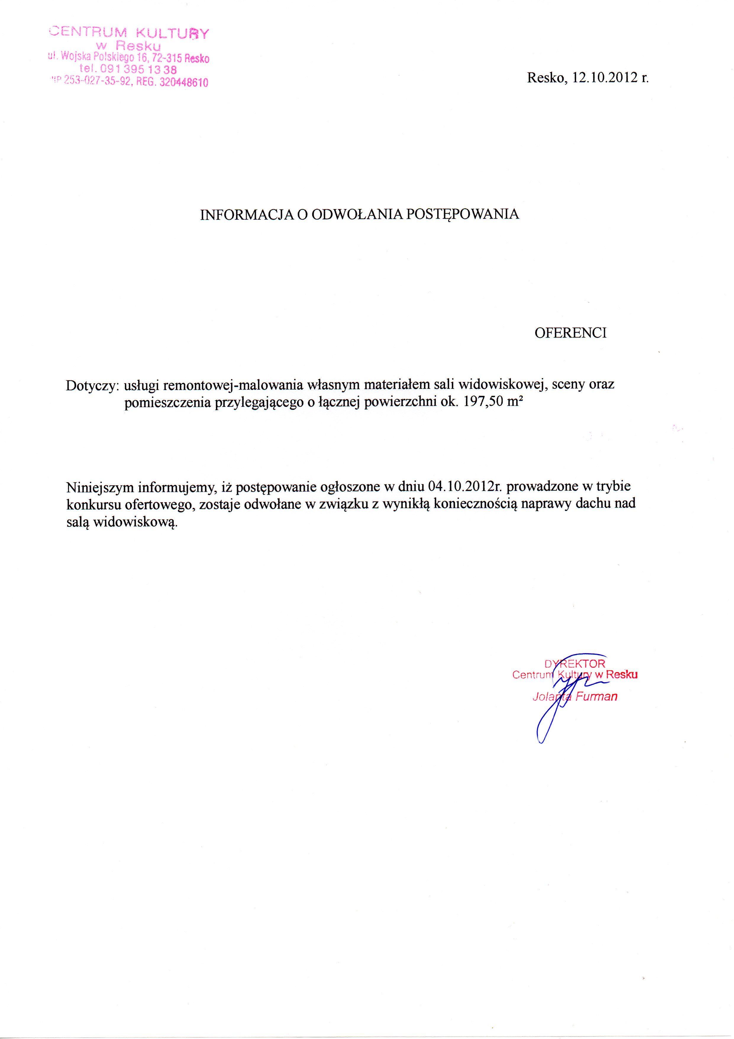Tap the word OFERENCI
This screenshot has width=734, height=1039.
coord(570,333)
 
